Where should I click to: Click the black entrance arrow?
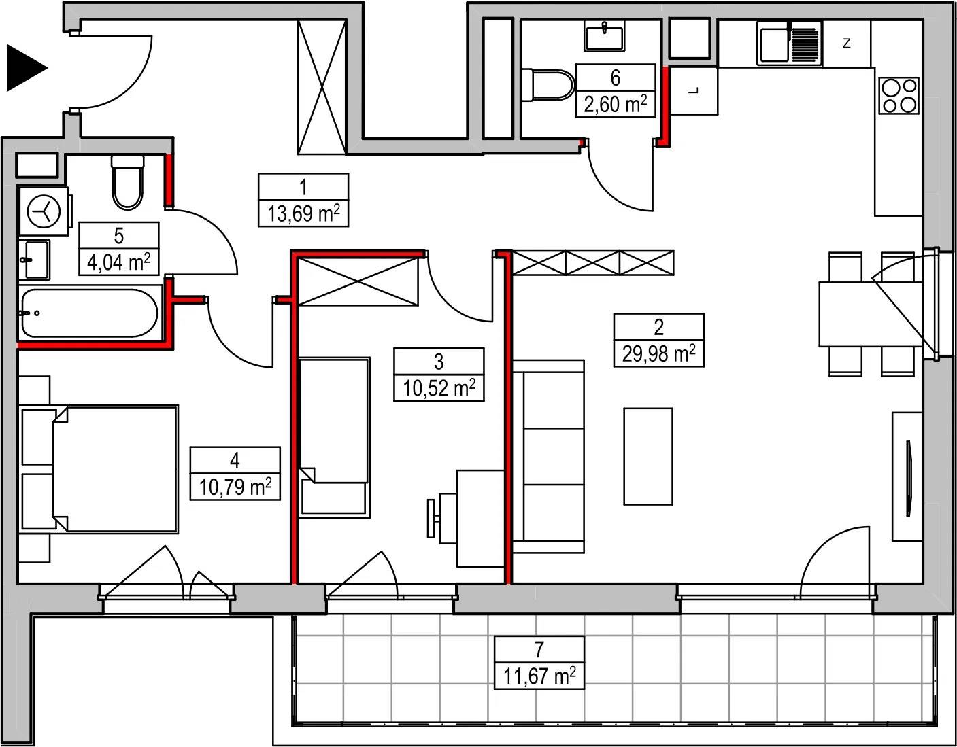coord(24,68)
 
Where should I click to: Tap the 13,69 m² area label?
coord(303,214)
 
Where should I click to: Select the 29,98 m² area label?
coord(659,353)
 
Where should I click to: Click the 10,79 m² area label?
coord(235,487)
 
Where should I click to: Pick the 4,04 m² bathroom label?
coord(119,262)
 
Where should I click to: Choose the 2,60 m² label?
coord(616,105)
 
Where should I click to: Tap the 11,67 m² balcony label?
coord(539,676)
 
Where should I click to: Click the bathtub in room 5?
coord(89,313)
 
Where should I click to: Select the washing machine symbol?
coord(44,211)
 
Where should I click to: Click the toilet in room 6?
coord(548,85)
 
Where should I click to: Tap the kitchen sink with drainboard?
coord(790,44)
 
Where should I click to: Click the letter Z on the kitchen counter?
coord(846,44)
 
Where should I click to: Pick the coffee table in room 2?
coord(648,456)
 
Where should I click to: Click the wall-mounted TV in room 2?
coord(908,479)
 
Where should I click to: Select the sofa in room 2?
coord(549,456)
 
